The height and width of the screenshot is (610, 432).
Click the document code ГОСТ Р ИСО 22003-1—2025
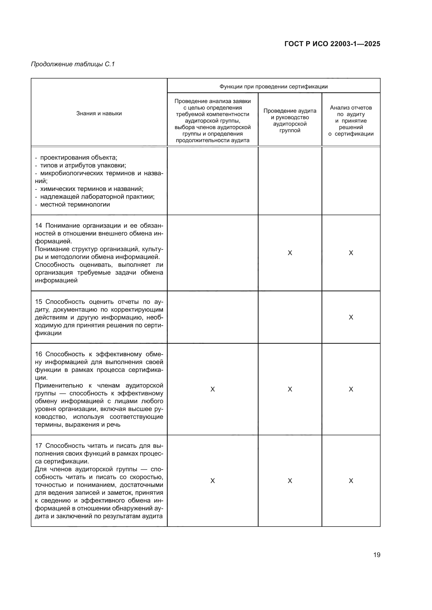(x=332, y=44)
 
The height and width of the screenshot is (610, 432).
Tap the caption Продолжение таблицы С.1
(x=73, y=64)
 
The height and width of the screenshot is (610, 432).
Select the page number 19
(x=377, y=555)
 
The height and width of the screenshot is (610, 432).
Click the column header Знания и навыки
(x=99, y=113)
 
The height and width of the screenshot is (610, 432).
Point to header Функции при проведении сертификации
(x=273, y=86)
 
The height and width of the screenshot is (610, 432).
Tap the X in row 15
(x=351, y=317)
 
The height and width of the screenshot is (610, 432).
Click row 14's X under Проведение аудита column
(x=290, y=253)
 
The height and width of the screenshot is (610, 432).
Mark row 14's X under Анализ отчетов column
(x=351, y=253)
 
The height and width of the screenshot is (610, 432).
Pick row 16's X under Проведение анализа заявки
(x=213, y=389)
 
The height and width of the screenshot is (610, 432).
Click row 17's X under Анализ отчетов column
(x=351, y=481)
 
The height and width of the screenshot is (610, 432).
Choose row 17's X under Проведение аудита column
(x=290, y=481)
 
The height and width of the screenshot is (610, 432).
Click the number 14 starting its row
(x=39, y=226)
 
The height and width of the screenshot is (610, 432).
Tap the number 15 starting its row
(x=39, y=302)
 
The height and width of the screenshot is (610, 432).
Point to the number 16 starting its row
(x=39, y=354)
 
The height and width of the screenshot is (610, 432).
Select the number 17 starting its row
(x=39, y=445)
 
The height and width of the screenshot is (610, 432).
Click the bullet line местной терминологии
(x=75, y=204)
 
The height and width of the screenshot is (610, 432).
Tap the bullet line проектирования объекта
(x=78, y=158)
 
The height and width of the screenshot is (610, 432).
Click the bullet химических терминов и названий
(x=91, y=189)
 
